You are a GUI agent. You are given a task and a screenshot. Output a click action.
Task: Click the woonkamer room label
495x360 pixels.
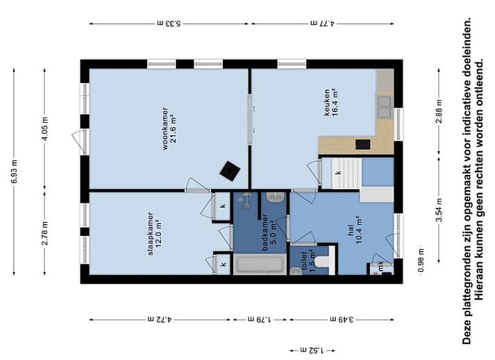[169, 129]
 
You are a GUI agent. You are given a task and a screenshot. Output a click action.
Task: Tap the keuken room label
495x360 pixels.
[331, 102]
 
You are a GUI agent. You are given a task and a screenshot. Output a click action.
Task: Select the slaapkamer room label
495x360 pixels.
[155, 234]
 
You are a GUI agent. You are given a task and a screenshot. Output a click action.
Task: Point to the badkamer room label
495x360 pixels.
[269, 232]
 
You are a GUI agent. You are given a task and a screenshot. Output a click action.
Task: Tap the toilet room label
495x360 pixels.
[308, 262]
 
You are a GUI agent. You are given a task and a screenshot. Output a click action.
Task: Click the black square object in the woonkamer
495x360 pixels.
[230, 171]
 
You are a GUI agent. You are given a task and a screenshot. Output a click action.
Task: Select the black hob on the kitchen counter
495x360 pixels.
[362, 144]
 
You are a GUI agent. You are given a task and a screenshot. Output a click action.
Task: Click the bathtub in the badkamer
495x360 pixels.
[260, 264]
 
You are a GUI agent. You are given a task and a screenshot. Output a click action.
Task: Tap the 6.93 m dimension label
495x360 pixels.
[15, 172]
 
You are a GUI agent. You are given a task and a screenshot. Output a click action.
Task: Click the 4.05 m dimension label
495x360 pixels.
[45, 129]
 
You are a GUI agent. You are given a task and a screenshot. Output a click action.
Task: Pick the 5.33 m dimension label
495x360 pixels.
[169, 23]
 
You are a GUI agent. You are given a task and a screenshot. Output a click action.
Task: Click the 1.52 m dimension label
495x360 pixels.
[312, 350]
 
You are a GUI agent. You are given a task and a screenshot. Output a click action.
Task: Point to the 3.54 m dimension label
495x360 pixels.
[439, 209]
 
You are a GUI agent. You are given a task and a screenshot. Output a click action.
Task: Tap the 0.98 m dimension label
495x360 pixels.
[421, 260]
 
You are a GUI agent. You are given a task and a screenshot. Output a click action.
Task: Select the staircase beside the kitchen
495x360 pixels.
[346, 173]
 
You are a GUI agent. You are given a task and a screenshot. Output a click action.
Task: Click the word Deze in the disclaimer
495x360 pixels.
[466, 334]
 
